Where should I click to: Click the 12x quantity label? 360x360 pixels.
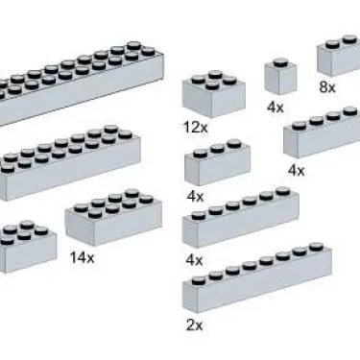(x=196, y=127)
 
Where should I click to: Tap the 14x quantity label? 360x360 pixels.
(x=82, y=257)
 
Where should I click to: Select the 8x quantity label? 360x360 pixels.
(x=327, y=86)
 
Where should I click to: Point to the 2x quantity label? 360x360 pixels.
(x=194, y=325)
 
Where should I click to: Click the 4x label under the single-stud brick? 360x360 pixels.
(x=276, y=107)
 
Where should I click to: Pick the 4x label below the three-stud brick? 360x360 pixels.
(x=195, y=196)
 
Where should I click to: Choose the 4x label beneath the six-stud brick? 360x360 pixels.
(x=194, y=259)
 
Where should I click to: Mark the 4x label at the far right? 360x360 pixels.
(x=297, y=171)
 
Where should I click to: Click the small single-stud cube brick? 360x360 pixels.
(x=280, y=77)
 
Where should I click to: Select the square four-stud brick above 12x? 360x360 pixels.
(x=214, y=94)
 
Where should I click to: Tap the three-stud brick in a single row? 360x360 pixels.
(x=217, y=162)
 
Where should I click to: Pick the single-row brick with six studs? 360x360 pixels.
(x=241, y=218)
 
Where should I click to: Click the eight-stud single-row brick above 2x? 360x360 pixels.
(x=257, y=277)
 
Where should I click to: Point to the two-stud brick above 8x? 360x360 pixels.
(x=339, y=56)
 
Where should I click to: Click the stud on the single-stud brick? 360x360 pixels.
(x=280, y=62)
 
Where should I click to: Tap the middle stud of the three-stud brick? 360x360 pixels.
(x=217, y=149)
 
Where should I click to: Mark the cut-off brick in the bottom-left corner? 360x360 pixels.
(x=28, y=247)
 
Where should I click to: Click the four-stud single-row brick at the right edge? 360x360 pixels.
(x=322, y=132)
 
